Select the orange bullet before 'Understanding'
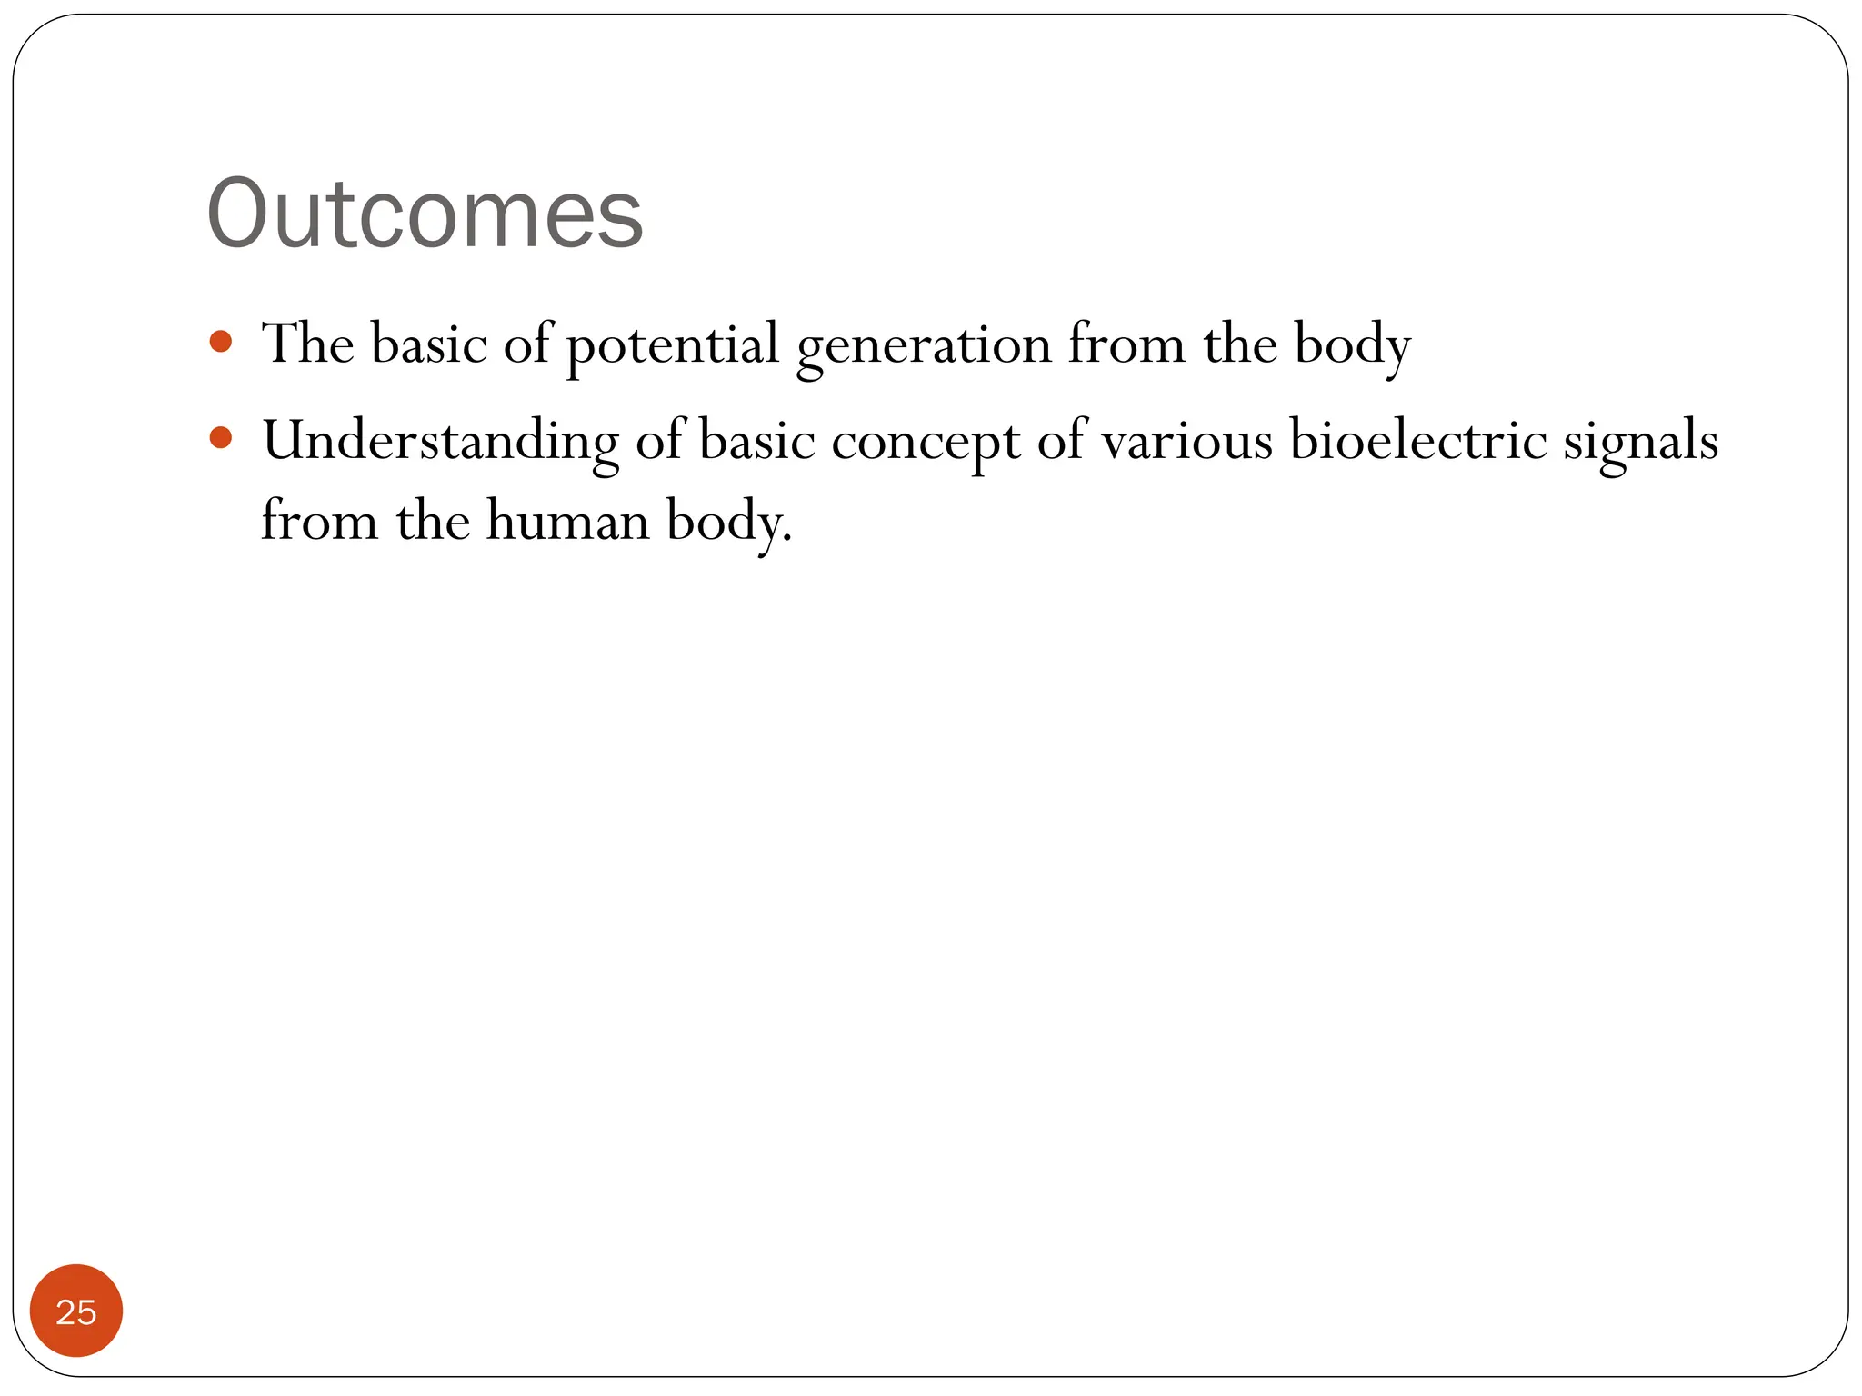coord(220,438)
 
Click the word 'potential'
coord(673,345)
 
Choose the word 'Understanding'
coord(441,442)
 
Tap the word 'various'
coord(1187,442)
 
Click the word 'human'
coord(567,522)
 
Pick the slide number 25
coord(76,1311)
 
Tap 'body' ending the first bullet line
coord(1352,346)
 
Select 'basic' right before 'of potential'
coord(428,344)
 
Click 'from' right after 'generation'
coord(1126,344)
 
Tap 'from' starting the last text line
coord(318,522)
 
